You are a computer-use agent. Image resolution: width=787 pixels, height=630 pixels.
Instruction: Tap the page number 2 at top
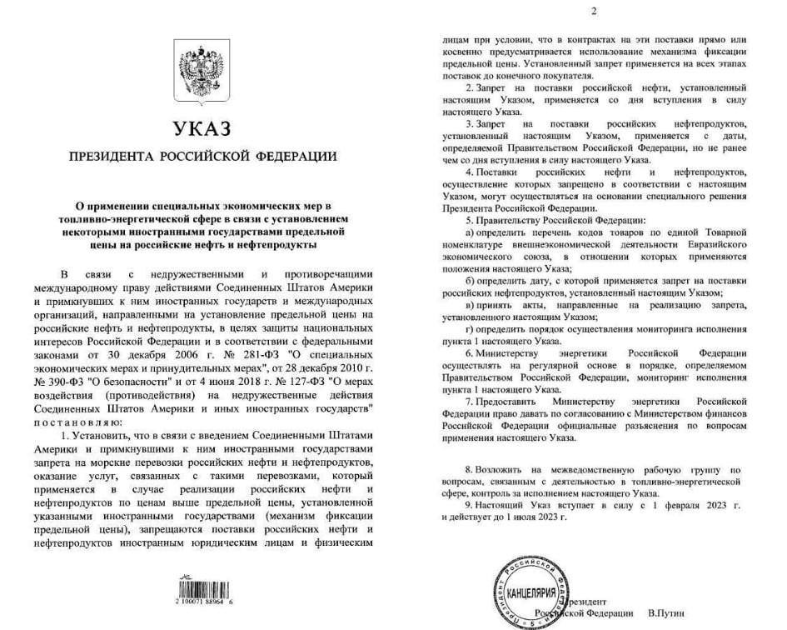click(593, 11)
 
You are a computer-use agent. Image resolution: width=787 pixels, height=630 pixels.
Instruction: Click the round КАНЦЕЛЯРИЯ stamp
click(530, 593)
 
